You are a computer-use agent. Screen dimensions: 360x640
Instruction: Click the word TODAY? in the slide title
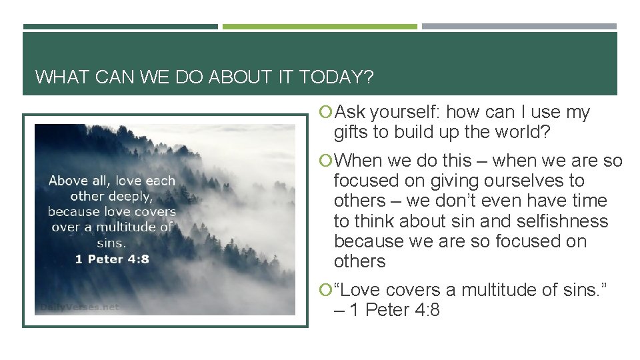pyautogui.click(x=337, y=77)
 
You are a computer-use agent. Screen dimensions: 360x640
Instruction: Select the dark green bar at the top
pyautogui.click(x=120, y=27)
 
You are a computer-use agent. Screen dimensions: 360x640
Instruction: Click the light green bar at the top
pyautogui.click(x=319, y=27)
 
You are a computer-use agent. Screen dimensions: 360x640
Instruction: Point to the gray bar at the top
pyautogui.click(x=519, y=27)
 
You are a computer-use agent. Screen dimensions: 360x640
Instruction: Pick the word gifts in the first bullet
pyautogui.click(x=351, y=133)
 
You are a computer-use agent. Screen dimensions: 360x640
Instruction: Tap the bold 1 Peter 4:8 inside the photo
pyautogui.click(x=111, y=259)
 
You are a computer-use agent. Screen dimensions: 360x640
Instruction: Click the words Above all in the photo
pyautogui.click(x=84, y=181)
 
